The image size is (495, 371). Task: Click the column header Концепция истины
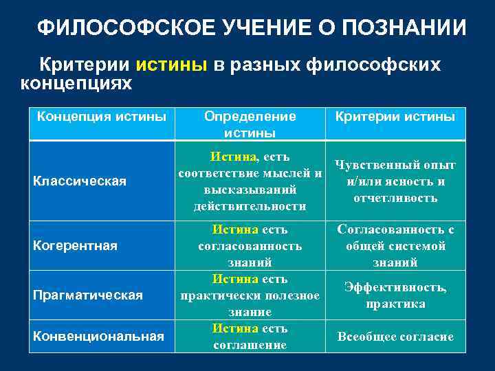click(x=101, y=117)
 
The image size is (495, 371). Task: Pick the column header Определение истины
click(x=250, y=124)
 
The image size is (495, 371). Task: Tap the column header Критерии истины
click(x=395, y=117)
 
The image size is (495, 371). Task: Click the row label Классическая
click(x=80, y=181)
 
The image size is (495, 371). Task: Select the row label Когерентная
click(x=77, y=245)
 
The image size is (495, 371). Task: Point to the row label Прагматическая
click(x=88, y=295)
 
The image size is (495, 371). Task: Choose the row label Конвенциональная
click(x=99, y=336)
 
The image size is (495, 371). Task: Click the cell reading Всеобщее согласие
click(x=395, y=337)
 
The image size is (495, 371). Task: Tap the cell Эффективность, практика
click(x=395, y=295)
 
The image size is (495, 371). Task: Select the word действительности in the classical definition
click(x=250, y=206)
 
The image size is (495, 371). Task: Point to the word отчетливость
click(x=395, y=198)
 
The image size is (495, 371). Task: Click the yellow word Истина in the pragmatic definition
click(x=230, y=280)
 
